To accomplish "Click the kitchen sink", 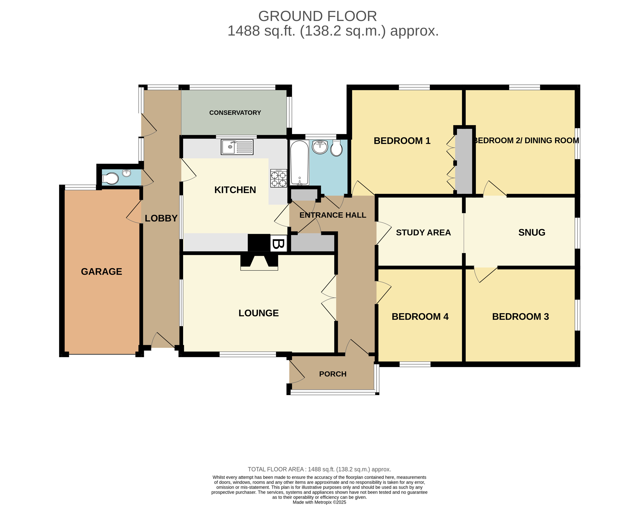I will [x=237, y=147].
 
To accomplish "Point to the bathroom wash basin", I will [x=320, y=147].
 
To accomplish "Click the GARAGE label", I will [x=101, y=271].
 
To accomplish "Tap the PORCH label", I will [x=333, y=374].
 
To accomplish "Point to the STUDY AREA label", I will [x=423, y=233].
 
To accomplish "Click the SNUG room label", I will [x=531, y=232].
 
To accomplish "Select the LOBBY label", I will [x=161, y=218].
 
